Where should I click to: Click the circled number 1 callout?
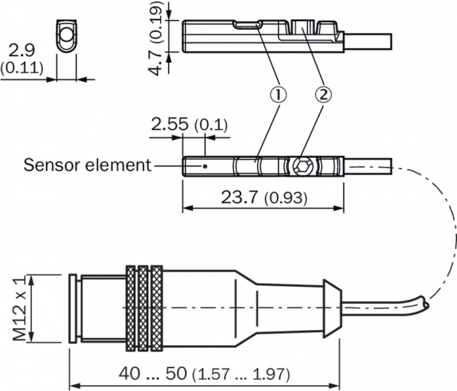point(277,95)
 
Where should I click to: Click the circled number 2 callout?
point(323,95)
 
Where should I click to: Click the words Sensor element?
point(87,164)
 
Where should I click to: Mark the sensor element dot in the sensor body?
point(206,166)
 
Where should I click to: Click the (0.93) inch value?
point(285,197)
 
